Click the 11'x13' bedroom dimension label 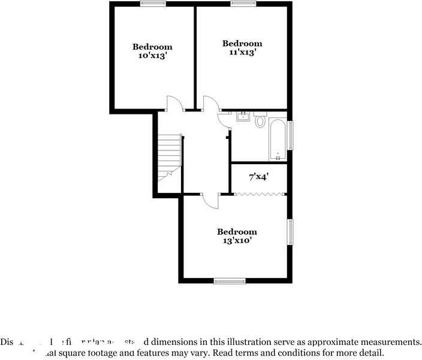click(242, 52)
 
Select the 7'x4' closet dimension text click(258, 177)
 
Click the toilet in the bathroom click(260, 120)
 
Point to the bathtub click(278, 140)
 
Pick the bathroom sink click(243, 116)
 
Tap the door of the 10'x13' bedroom click(174, 104)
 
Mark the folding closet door click(259, 193)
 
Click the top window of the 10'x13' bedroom click(153, 4)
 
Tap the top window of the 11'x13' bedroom click(243, 4)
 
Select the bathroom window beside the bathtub click(291, 135)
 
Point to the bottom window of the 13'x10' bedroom click(230, 280)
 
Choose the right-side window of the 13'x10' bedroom click(291, 232)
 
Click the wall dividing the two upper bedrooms click(195, 57)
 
